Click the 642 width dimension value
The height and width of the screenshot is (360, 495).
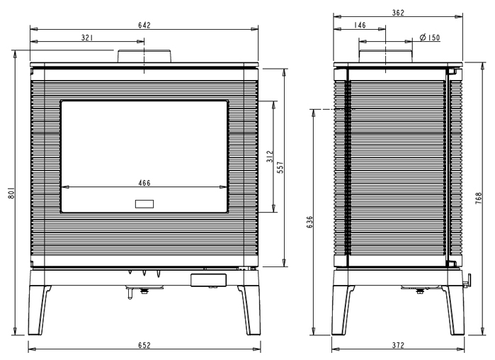point(144,25)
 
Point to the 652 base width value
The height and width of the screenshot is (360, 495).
point(144,345)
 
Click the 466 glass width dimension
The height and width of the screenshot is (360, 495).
point(144,183)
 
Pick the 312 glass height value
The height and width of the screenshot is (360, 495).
point(269,157)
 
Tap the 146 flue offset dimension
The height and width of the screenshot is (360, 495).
point(360,26)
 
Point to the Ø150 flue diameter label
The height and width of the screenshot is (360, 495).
point(429,38)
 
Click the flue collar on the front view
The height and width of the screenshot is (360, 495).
point(144,56)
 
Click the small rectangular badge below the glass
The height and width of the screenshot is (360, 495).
point(144,204)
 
